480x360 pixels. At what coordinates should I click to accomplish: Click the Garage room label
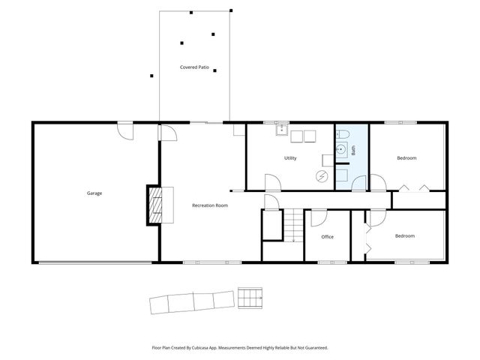94,193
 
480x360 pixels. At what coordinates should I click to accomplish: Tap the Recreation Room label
209,205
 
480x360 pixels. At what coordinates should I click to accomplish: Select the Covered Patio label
194,67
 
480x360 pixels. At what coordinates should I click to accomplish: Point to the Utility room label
290,158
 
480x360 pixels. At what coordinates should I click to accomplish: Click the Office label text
327,237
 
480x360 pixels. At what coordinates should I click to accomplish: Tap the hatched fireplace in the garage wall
154,205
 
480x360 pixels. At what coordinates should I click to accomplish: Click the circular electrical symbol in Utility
322,176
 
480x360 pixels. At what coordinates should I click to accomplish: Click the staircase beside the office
292,225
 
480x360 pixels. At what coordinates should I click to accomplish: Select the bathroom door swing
361,182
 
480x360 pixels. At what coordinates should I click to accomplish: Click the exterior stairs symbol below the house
250,298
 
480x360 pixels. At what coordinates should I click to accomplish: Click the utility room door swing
271,181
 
